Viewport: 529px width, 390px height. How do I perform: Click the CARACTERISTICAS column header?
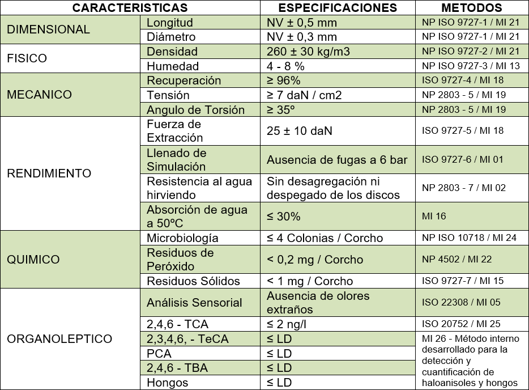pos(130,8)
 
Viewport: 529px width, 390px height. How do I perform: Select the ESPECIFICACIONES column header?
pos(338,8)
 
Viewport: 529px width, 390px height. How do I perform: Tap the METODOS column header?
pos(471,8)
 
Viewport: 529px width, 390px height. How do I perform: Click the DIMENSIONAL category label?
pos(48,29)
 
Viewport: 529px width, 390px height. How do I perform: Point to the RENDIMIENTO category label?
pos(49,173)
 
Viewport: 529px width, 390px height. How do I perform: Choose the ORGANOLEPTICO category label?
pos(59,339)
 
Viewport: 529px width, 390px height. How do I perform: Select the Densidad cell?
pos(172,52)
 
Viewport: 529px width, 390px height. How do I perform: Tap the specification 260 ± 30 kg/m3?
pos(308,52)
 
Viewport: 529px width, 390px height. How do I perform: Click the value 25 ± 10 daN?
pos(299,131)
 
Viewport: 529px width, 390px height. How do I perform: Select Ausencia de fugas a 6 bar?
pos(337,160)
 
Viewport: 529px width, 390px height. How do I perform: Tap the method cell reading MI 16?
pos(434,217)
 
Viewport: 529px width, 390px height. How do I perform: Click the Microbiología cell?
pos(182,238)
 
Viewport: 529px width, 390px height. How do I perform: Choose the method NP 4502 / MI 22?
pos(457,260)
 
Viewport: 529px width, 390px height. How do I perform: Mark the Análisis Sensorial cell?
pos(194,303)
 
